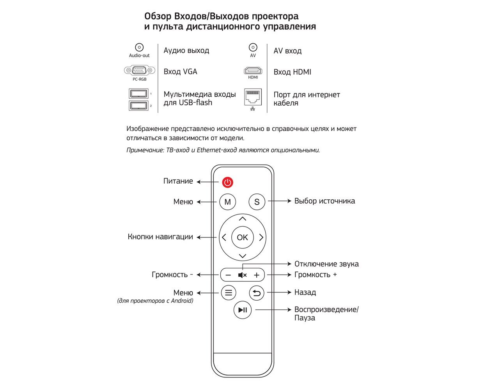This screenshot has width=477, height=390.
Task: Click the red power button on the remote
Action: tap(228, 182)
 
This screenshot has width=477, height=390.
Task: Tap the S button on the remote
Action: tap(257, 202)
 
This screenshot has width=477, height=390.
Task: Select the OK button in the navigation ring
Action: tap(242, 237)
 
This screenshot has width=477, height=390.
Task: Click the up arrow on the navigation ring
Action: tap(242, 219)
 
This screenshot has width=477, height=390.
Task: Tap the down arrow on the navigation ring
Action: tap(242, 256)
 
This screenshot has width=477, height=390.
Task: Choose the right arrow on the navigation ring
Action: tap(261, 237)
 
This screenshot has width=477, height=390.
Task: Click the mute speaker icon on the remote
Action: tap(242, 275)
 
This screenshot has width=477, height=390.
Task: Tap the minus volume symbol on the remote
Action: tap(228, 275)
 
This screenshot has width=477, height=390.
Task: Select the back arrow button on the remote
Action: tap(257, 293)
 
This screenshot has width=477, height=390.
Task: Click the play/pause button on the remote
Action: tap(242, 310)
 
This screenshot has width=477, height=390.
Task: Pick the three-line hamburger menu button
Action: tap(229, 293)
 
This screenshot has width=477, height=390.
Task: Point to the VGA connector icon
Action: tap(139, 71)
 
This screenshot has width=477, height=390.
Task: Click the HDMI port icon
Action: tap(253, 71)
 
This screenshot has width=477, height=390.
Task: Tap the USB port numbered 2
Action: tap(138, 105)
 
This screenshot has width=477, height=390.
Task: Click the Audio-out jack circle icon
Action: tap(139, 47)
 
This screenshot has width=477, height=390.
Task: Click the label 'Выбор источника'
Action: tap(325, 201)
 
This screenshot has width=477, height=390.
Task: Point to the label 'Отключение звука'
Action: tap(326, 264)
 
